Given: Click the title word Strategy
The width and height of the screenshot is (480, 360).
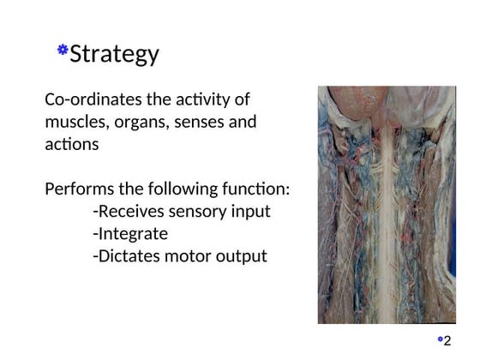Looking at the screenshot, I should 114,54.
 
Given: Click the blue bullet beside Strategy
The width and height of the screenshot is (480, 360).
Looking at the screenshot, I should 63,51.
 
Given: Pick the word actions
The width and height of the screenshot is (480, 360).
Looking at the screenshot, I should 71,144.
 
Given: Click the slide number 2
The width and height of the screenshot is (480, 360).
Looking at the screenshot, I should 447,341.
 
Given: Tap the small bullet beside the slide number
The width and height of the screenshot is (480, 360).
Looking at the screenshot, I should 440,339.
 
